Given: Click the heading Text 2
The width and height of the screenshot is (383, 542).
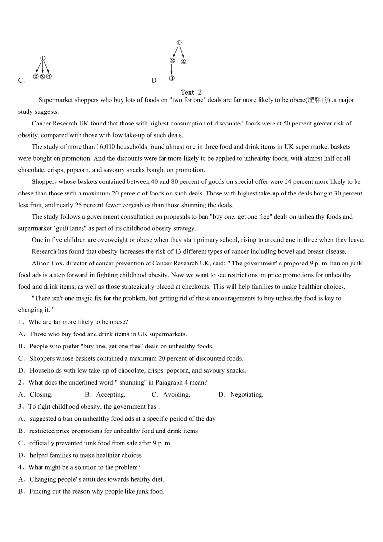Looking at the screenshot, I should [191, 92].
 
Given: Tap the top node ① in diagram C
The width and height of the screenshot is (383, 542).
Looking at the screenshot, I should [43, 59].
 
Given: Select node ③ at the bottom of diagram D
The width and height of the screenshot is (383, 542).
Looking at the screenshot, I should [172, 78].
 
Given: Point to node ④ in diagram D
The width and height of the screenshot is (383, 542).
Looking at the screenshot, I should [183, 62].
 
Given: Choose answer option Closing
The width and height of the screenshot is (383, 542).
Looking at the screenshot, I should [41, 395].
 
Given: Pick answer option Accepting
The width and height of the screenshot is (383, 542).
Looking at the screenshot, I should [111, 395].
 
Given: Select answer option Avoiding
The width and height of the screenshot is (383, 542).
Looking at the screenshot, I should [177, 395].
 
